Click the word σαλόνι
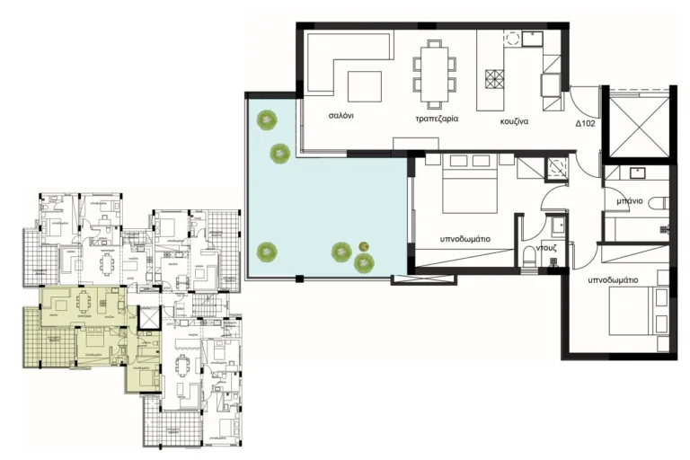click(339, 117)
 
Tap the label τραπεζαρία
click(435, 119)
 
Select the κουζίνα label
click(518, 119)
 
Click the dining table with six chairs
click(435, 69)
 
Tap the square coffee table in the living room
click(364, 86)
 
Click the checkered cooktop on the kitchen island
click(494, 79)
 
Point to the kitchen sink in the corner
click(531, 39)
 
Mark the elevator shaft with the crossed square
click(637, 122)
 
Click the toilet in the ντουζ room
click(529, 258)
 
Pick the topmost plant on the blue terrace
click(266, 118)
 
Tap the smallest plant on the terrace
click(364, 246)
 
